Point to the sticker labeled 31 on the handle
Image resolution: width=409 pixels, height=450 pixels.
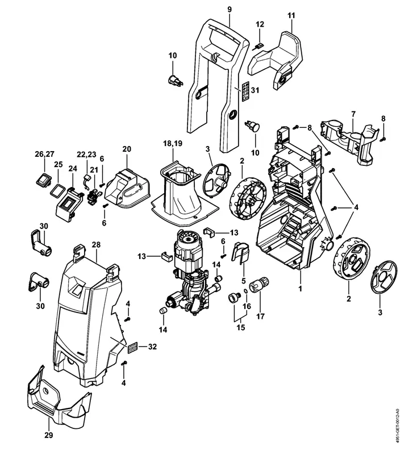245,91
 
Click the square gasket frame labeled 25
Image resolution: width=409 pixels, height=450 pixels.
57,190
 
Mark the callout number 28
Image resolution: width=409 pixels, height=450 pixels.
95,245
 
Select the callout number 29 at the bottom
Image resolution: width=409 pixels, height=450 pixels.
48,436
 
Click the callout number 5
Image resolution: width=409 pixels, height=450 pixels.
245,280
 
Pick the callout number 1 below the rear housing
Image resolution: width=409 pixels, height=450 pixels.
299,287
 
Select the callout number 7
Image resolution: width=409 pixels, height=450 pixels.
353,114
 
